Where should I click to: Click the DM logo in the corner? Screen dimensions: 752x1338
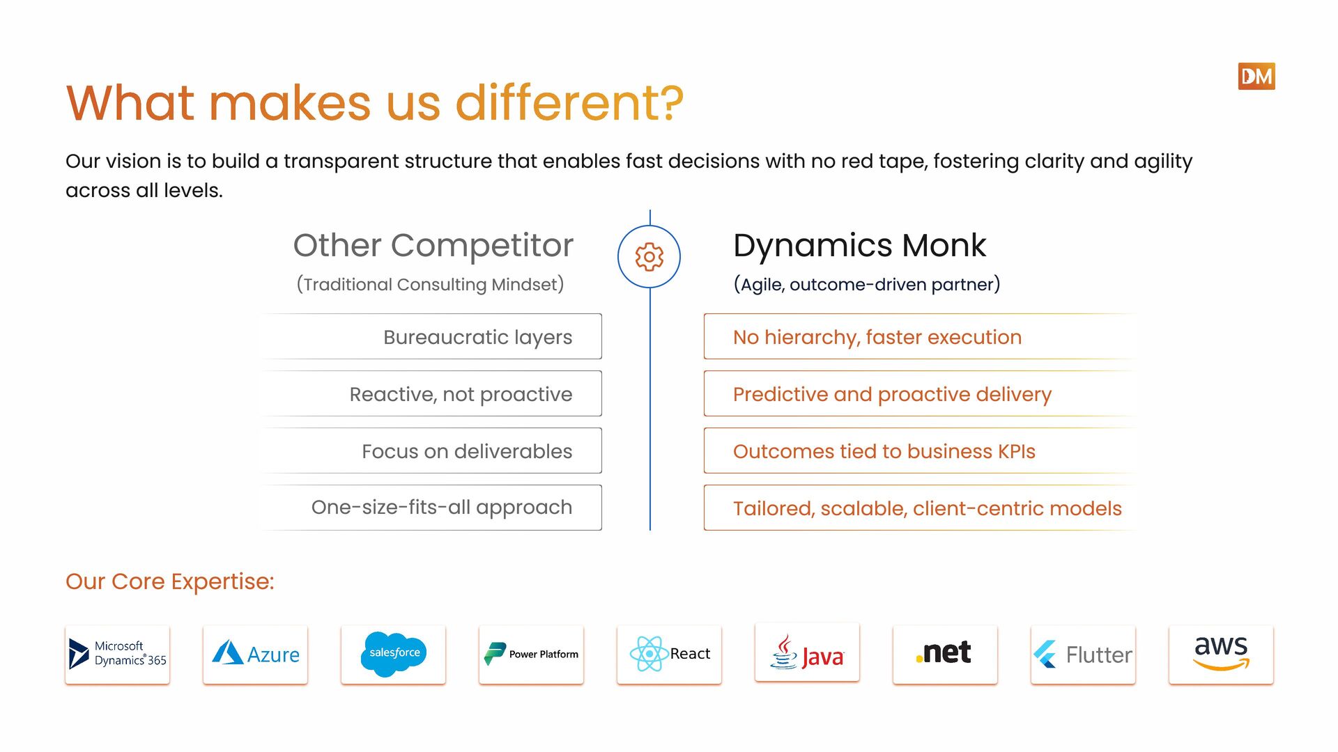click(x=1256, y=77)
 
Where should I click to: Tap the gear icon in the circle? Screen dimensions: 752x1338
click(x=649, y=256)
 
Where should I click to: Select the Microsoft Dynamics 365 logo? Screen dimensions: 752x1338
click(x=117, y=654)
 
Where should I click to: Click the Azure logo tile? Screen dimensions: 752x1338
click(x=255, y=654)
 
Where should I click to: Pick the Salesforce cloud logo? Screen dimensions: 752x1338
click(x=393, y=654)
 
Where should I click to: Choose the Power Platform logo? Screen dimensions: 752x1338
click(x=531, y=654)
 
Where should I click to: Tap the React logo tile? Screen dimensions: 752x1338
click(x=669, y=654)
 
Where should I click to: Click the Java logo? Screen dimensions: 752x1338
click(x=807, y=652)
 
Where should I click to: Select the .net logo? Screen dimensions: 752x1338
click(x=945, y=654)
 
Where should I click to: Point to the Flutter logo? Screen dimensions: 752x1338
click(x=1083, y=654)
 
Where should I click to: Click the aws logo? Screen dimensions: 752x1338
click(x=1221, y=654)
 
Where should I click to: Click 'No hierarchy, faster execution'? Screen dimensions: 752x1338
click(x=877, y=337)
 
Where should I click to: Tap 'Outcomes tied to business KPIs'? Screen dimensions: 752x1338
click(x=884, y=451)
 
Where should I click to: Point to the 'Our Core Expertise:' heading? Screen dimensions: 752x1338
click(x=170, y=581)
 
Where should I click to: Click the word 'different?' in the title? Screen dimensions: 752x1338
click(x=569, y=103)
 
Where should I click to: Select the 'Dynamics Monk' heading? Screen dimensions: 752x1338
click(x=859, y=245)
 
